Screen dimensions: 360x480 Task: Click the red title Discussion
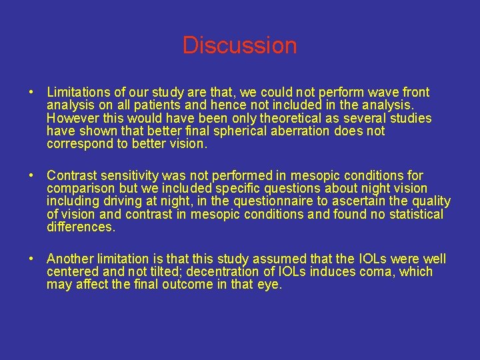point(239,45)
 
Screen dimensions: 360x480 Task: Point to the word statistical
point(412,214)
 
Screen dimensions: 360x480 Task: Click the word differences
point(81,227)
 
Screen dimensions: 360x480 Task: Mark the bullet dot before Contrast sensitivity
point(31,176)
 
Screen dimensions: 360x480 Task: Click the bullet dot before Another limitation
point(31,259)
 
